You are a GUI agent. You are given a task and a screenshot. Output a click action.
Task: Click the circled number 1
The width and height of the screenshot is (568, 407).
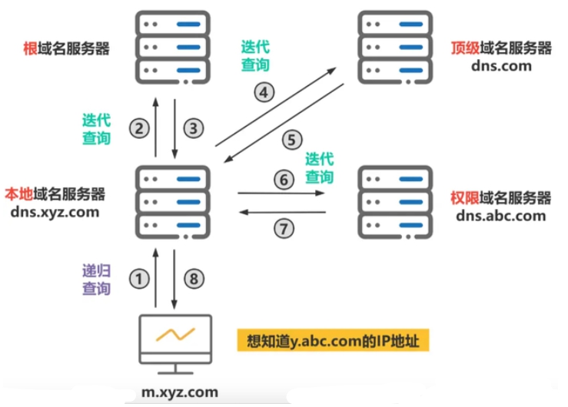point(139,279)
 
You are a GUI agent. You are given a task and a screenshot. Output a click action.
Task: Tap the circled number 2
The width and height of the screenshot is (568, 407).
point(139,128)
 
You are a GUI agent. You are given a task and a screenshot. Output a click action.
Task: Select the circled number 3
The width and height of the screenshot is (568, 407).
point(194,128)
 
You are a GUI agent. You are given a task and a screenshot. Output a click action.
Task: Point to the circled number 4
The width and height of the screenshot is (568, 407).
point(264,92)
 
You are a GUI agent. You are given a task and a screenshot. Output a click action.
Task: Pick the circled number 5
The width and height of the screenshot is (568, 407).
point(292,140)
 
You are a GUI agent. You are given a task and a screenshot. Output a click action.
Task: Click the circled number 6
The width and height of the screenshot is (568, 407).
point(284,180)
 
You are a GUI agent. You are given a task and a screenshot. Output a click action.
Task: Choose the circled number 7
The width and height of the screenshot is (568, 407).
point(284,229)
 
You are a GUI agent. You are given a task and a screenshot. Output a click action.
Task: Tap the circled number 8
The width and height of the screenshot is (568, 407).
point(194,279)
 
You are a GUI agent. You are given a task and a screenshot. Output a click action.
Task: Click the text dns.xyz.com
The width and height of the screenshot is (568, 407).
point(55,212)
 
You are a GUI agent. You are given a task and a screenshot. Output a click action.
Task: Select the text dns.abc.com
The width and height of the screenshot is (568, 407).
point(501,216)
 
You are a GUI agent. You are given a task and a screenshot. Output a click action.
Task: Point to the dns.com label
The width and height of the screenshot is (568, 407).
point(501,66)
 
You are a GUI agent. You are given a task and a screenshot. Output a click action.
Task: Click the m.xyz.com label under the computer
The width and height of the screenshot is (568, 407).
point(180,392)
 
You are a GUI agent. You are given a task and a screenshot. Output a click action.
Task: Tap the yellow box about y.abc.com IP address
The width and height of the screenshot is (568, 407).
point(334,340)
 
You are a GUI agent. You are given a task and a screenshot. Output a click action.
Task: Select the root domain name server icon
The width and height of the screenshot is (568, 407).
point(173,48)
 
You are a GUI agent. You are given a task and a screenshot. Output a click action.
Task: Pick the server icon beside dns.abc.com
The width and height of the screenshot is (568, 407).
point(395,202)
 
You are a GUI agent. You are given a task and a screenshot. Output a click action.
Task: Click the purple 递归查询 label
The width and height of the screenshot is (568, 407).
point(96,280)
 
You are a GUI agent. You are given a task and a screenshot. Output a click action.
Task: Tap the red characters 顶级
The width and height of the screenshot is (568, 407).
point(465,48)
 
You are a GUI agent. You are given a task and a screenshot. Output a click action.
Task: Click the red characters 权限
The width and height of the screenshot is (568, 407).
point(465,197)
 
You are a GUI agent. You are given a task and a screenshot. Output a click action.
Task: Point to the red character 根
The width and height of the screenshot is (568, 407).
point(30,48)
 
